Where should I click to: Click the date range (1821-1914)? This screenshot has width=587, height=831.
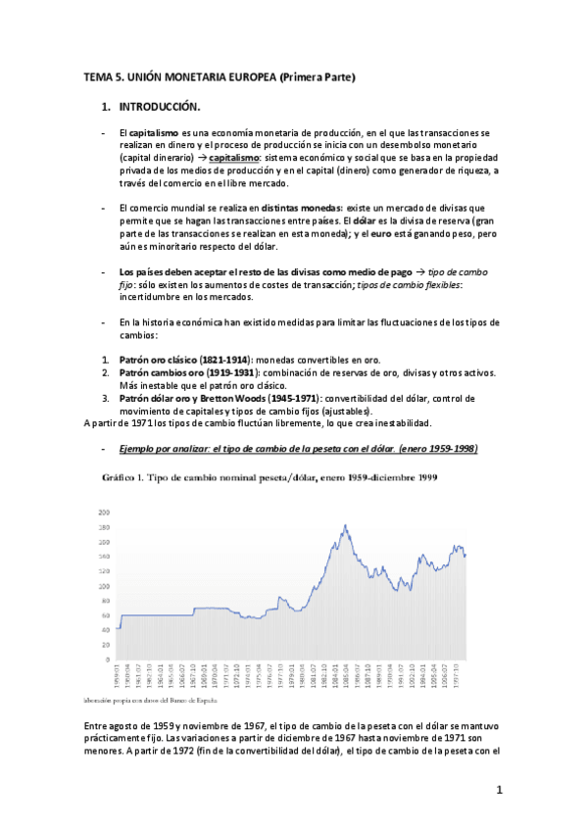(x=223, y=360)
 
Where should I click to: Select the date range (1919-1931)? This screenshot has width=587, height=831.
(x=230, y=372)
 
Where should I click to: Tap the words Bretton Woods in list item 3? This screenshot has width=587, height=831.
(x=213, y=398)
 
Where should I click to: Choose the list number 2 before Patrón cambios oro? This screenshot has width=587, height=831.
(x=105, y=372)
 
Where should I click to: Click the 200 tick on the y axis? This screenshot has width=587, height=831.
(x=103, y=513)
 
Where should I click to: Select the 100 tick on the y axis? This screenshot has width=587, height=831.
(x=103, y=586)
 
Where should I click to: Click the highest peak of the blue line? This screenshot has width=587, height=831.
(x=345, y=525)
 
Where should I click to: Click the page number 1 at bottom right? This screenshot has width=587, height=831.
(x=499, y=789)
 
